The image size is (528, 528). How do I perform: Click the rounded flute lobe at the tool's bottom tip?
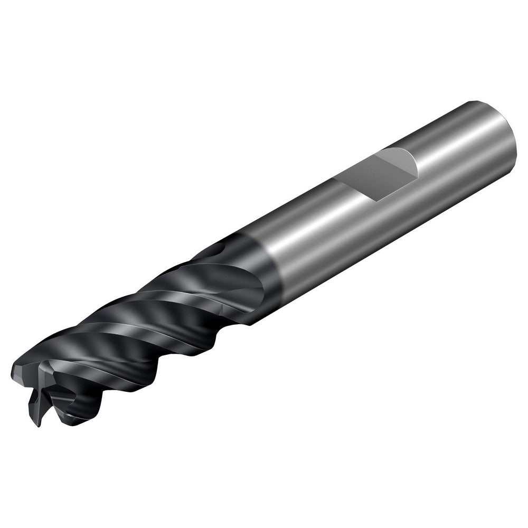pos(79,417)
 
